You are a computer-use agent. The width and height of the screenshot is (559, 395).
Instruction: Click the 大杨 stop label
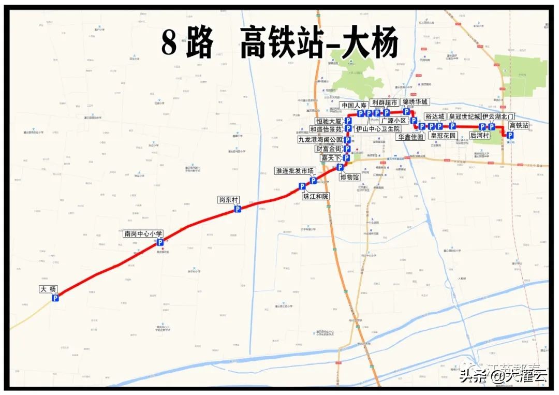click(48, 289)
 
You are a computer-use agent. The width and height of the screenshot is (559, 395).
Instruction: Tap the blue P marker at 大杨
click(55, 298)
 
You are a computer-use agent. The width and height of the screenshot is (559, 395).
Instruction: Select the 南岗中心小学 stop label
click(143, 233)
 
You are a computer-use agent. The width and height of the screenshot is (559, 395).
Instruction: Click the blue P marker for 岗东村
click(238, 209)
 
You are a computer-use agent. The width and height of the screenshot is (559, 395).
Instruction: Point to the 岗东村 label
click(229, 200)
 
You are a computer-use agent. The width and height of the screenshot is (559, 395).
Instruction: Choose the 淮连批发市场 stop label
click(295, 171)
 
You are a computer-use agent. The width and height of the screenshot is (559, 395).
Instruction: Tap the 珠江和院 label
click(315, 196)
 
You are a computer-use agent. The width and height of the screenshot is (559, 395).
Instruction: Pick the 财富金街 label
click(329, 149)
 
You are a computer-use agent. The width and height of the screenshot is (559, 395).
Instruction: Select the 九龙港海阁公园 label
click(320, 139)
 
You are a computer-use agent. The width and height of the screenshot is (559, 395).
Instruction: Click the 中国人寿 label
click(354, 106)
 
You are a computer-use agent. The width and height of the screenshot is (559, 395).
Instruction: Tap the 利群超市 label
click(385, 103)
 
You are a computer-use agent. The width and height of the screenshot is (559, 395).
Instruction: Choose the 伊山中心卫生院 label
click(378, 128)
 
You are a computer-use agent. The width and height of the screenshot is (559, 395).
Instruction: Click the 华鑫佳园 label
click(411, 137)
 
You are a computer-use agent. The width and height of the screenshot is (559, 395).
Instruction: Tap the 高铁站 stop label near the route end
click(519, 125)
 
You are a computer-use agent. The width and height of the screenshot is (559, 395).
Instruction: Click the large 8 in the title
click(169, 42)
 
